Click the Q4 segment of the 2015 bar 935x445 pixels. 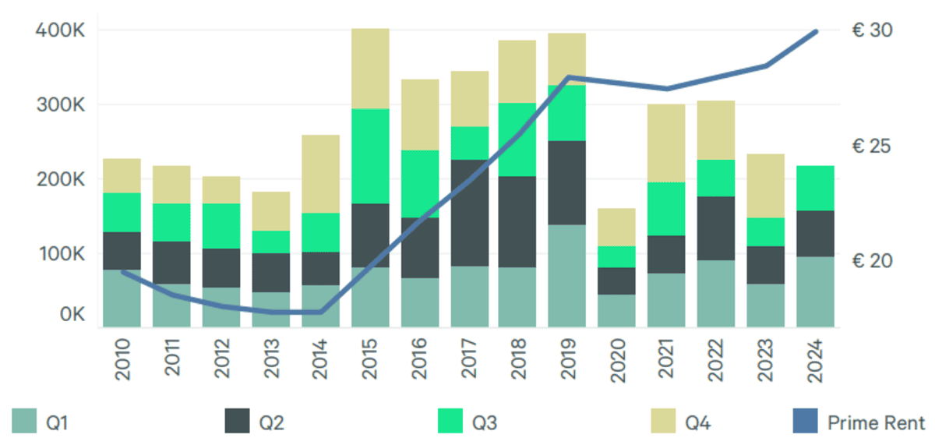pyautogui.click(x=370, y=69)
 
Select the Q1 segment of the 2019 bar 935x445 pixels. pyautogui.click(x=566, y=275)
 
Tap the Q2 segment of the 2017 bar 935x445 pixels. pyautogui.click(x=470, y=213)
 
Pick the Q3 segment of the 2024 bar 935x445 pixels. pyautogui.click(x=815, y=188)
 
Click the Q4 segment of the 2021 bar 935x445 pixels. pyautogui.click(x=666, y=143)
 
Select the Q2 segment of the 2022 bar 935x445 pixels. pyautogui.click(x=716, y=228)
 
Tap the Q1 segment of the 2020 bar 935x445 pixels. pyautogui.click(x=616, y=310)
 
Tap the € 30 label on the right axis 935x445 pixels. pyautogui.click(x=872, y=30)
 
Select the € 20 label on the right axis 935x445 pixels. pyautogui.click(x=872, y=260)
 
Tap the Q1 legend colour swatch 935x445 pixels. pyautogui.click(x=24, y=422)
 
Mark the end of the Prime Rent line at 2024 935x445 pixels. pyautogui.click(x=815, y=31)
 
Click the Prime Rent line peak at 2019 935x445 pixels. pyautogui.click(x=569, y=77)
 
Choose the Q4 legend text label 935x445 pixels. pyautogui.click(x=697, y=423)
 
